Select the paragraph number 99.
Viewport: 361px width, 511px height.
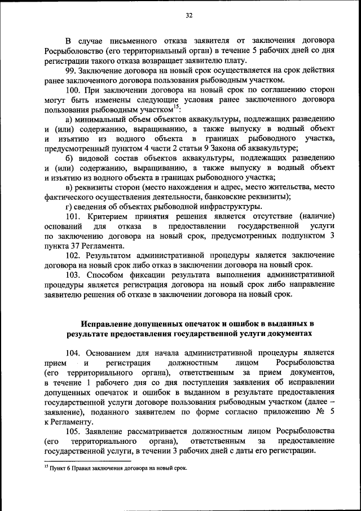(72, 70)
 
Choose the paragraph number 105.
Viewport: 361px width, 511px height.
(74, 430)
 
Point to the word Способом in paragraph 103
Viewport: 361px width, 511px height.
(105, 275)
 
